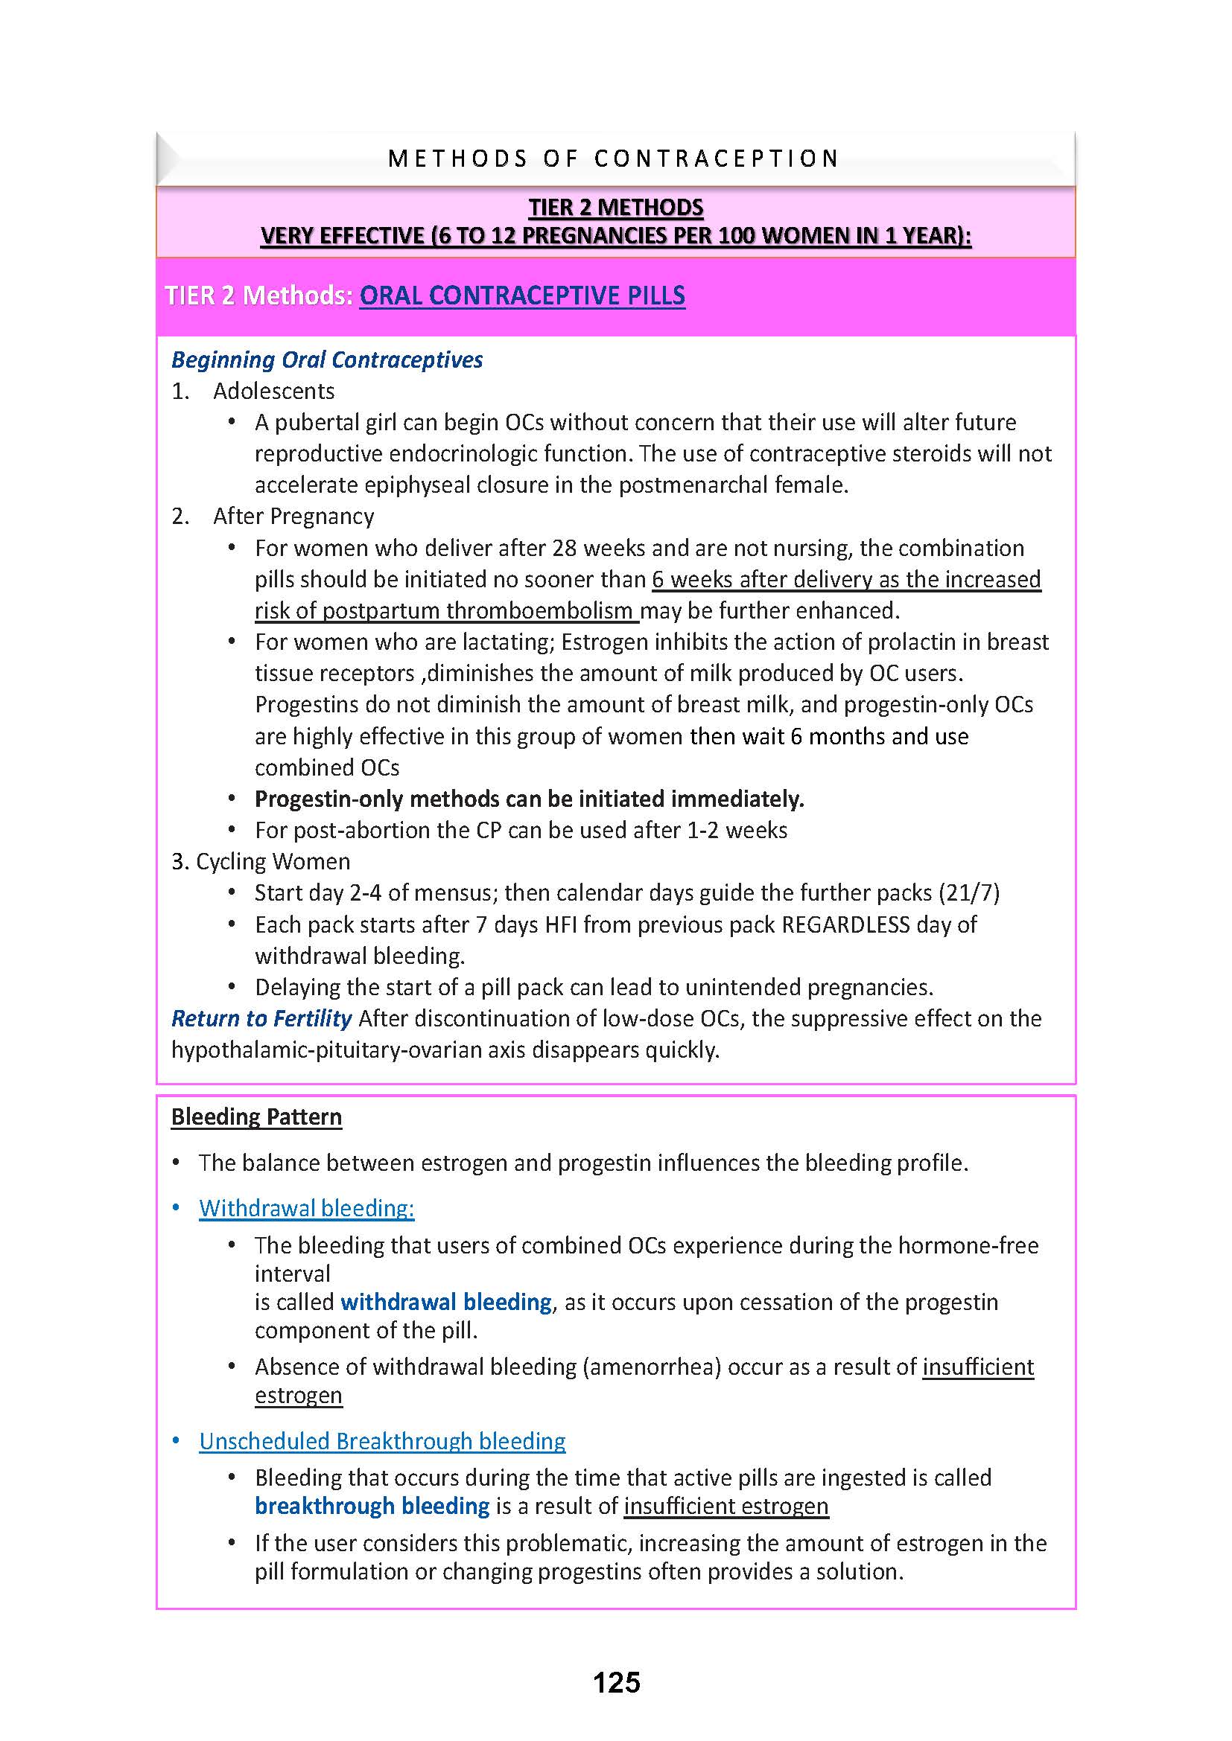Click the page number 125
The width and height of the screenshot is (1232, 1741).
(616, 1682)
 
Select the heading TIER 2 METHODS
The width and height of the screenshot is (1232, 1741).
(615, 207)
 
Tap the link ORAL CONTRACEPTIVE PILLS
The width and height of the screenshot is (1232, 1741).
(522, 295)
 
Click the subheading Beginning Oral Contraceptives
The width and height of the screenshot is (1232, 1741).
(327, 360)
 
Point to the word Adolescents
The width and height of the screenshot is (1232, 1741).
(274, 391)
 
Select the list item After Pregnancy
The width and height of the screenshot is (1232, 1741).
(293, 516)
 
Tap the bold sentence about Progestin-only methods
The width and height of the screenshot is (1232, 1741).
(529, 799)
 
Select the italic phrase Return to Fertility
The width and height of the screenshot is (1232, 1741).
(261, 1018)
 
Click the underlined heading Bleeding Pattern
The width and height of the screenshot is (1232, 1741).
(256, 1117)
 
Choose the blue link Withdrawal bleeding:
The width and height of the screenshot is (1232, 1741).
(306, 1208)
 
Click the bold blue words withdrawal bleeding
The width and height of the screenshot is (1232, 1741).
(446, 1302)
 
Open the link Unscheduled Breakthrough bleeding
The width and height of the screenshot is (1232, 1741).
(382, 1441)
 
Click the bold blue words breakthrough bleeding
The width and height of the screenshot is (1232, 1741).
(372, 1505)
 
